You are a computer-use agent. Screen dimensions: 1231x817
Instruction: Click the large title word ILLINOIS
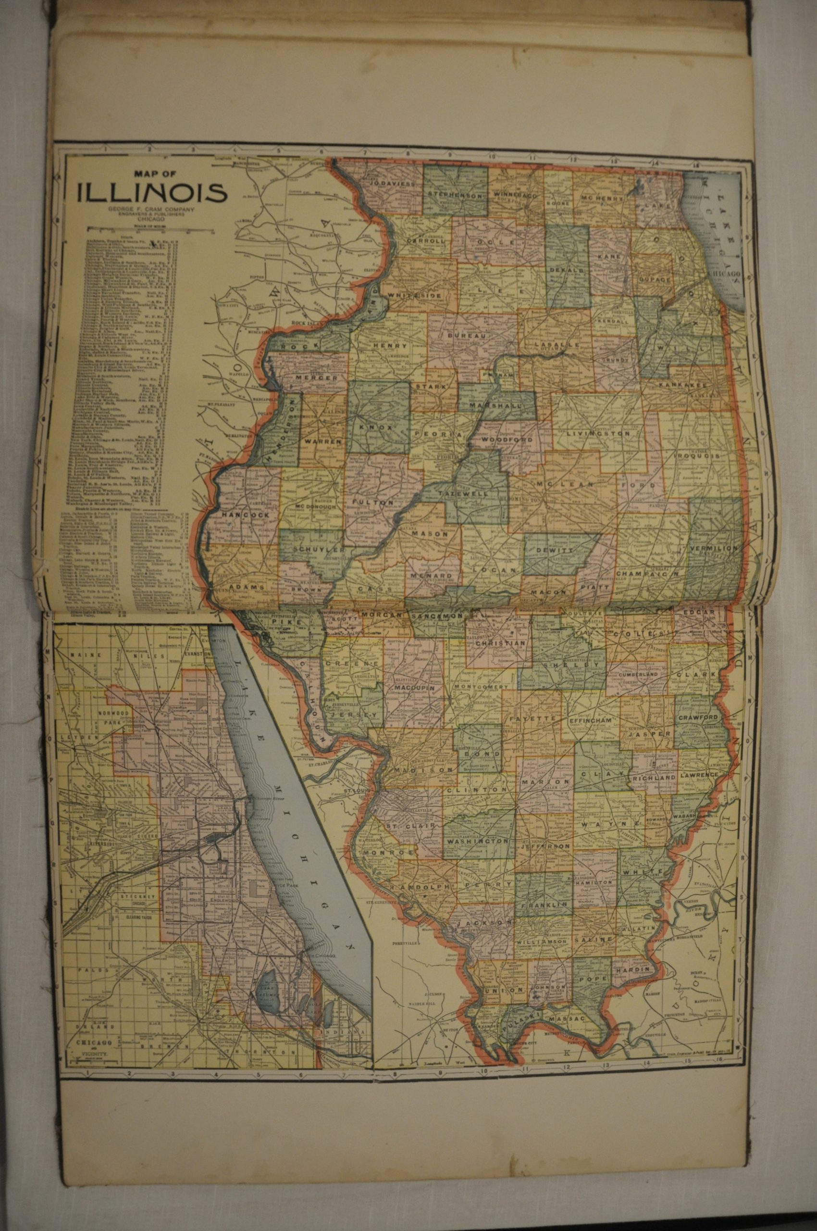tap(152, 192)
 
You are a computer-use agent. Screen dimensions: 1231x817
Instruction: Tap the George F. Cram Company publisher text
tap(151, 210)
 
